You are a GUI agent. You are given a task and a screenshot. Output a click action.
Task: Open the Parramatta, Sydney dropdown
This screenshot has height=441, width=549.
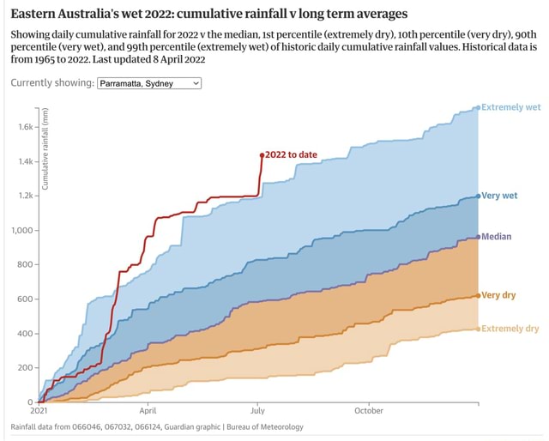click(149, 83)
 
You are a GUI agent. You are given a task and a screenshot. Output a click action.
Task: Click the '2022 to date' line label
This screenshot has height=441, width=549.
click(291, 155)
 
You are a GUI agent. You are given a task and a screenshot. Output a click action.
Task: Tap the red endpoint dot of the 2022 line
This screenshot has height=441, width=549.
click(262, 155)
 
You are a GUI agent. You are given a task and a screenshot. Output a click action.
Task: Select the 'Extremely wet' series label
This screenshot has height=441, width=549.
click(510, 108)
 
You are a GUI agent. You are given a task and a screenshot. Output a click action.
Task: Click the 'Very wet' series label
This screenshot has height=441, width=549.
click(499, 196)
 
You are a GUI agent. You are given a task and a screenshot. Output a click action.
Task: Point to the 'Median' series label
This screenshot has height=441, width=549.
click(498, 237)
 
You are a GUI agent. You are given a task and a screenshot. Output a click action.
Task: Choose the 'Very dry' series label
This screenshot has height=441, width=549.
click(498, 295)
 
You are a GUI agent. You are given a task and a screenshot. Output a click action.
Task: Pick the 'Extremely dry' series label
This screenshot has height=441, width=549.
click(510, 329)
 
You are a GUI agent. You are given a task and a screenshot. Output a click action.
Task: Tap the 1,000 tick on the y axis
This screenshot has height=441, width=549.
click(22, 230)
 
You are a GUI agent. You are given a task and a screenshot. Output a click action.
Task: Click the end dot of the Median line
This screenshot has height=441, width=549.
click(478, 237)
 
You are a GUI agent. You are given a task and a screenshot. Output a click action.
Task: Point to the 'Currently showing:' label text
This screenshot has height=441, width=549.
click(51, 83)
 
